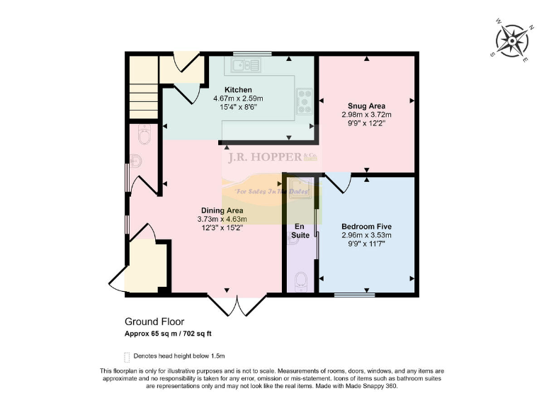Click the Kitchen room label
point(238,90)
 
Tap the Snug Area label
point(366,106)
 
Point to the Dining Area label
point(222,211)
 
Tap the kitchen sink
point(243,66)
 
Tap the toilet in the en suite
point(300,281)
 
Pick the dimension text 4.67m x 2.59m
point(238,98)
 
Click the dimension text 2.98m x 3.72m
point(366,114)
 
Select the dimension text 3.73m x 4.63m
point(222,220)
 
